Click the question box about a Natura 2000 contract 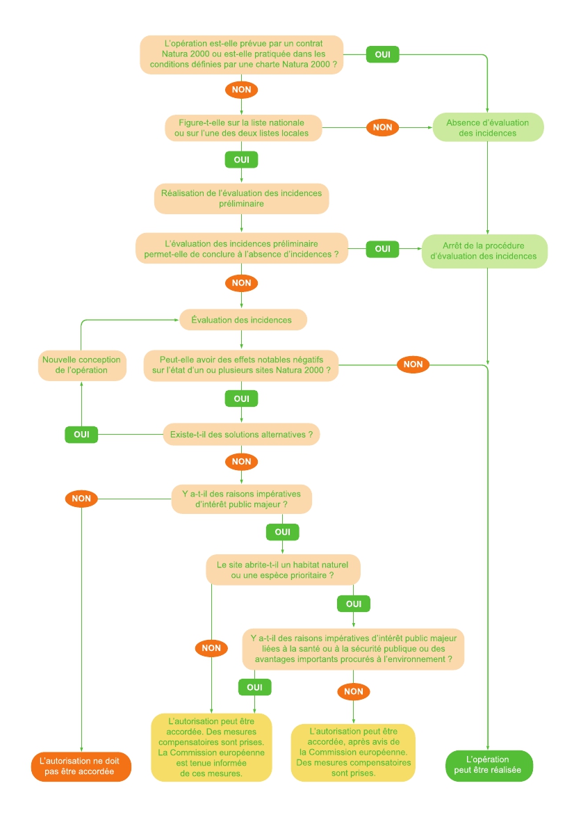click(x=241, y=54)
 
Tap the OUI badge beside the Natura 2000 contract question click(x=382, y=54)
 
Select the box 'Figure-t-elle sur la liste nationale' click(x=243, y=128)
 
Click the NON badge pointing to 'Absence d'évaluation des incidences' click(x=382, y=127)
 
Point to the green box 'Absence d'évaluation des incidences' click(x=487, y=128)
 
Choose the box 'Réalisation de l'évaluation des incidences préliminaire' click(x=241, y=198)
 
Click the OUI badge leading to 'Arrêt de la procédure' click(x=382, y=249)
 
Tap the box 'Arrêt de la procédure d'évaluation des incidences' click(x=484, y=251)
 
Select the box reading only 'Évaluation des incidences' click(x=241, y=320)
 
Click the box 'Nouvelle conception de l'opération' click(x=81, y=365)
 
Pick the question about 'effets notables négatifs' click(x=241, y=365)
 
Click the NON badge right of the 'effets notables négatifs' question click(x=413, y=364)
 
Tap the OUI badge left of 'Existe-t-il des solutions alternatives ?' click(x=81, y=435)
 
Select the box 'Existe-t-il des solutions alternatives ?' click(x=241, y=435)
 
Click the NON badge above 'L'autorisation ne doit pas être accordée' click(x=81, y=499)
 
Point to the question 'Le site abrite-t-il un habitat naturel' click(x=283, y=569)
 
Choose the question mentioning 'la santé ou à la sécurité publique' click(x=353, y=649)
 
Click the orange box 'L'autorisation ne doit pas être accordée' click(x=81, y=766)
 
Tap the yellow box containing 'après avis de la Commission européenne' click(x=353, y=752)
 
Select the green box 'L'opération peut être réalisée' click(x=488, y=765)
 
